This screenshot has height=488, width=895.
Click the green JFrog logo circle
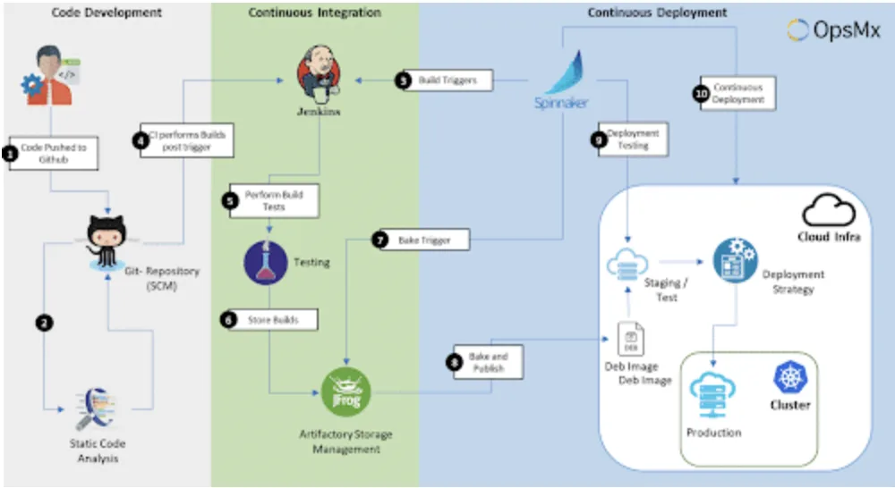(x=345, y=391)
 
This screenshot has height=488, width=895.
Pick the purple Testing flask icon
(x=266, y=263)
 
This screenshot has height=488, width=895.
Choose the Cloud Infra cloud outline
(x=828, y=213)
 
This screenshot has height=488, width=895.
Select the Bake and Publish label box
(x=487, y=362)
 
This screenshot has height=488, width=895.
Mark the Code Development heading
(x=107, y=13)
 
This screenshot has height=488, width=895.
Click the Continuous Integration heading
(x=314, y=13)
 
